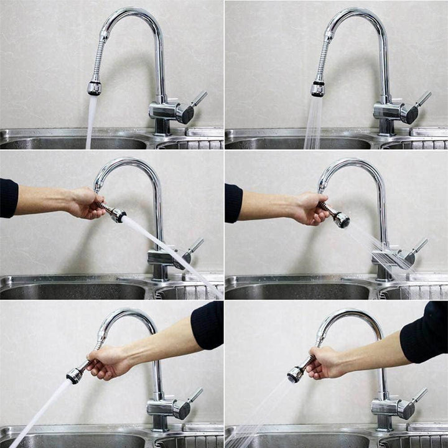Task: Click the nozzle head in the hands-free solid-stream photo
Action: (x=94, y=88)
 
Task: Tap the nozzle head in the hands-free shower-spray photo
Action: (x=318, y=89)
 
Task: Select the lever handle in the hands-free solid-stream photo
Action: (x=198, y=99)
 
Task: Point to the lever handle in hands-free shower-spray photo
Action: (x=422, y=99)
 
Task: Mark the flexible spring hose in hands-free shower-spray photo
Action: (x=323, y=61)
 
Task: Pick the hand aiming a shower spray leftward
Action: (x=323, y=363)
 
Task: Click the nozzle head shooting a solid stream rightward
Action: (x=117, y=215)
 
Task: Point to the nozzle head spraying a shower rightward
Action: (x=340, y=219)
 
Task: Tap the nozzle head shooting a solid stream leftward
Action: (x=75, y=375)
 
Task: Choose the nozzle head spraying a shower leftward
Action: (x=296, y=374)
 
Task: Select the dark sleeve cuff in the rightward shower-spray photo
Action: (x=233, y=202)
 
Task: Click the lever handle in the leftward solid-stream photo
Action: (x=195, y=394)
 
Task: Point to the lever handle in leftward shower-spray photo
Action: (x=420, y=395)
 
